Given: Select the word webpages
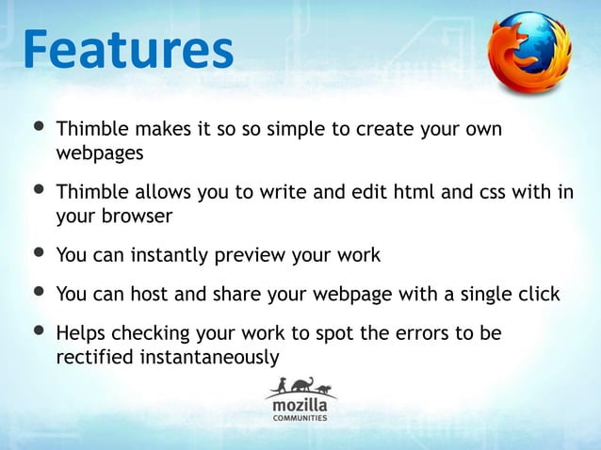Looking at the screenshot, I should coord(100,153).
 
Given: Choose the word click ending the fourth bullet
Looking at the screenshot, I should coord(537,295).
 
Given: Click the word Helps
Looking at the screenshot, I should coord(80,334).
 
